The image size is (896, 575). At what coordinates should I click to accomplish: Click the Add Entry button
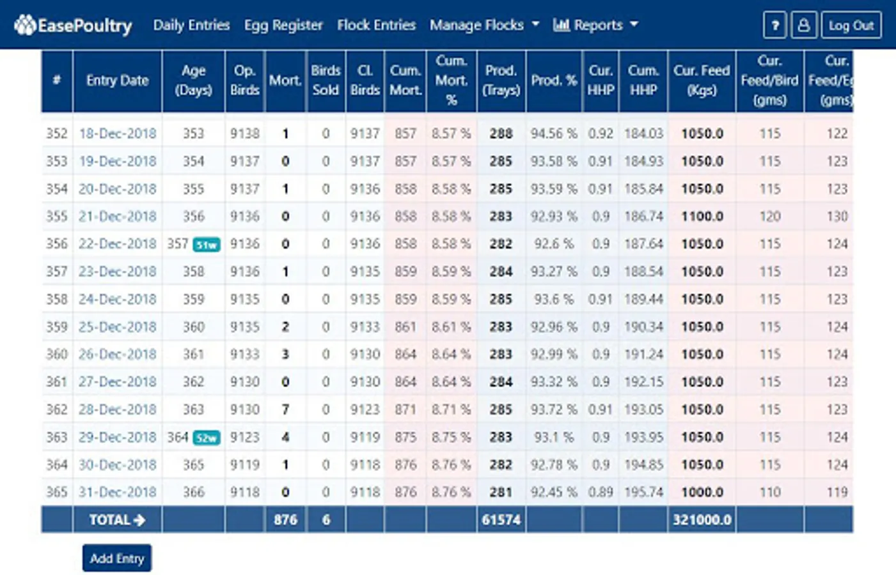pyautogui.click(x=116, y=558)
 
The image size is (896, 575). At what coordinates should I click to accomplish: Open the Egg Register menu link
pyautogui.click(x=283, y=25)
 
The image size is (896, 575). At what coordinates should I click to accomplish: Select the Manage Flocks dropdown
pyautogui.click(x=484, y=25)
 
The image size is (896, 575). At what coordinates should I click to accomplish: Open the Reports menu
pyautogui.click(x=595, y=25)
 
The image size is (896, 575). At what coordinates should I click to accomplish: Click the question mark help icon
pyautogui.click(x=774, y=26)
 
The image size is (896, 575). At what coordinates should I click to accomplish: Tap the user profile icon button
pyautogui.click(x=803, y=26)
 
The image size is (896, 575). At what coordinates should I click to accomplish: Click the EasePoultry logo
pyautogui.click(x=73, y=26)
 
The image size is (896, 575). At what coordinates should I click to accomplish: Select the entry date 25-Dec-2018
pyautogui.click(x=118, y=326)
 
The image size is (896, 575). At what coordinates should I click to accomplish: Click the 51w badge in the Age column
pyautogui.click(x=207, y=245)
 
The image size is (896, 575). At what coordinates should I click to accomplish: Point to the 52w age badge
pyautogui.click(x=207, y=438)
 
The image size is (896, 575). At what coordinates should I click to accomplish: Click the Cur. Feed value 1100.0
pyautogui.click(x=702, y=216)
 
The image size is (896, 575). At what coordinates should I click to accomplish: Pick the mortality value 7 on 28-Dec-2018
pyautogui.click(x=285, y=410)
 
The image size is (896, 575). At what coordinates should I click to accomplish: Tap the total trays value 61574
pyautogui.click(x=501, y=520)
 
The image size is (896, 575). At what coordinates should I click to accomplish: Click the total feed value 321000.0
pyautogui.click(x=702, y=520)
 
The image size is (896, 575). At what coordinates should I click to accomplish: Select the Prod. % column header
pyautogui.click(x=554, y=80)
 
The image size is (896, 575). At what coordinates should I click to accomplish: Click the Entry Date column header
pyautogui.click(x=117, y=80)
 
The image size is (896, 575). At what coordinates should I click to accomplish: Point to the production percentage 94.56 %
pyautogui.click(x=554, y=134)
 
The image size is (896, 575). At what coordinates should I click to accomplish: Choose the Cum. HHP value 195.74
pyautogui.click(x=643, y=492)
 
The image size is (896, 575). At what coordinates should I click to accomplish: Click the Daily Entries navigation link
pyautogui.click(x=191, y=25)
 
